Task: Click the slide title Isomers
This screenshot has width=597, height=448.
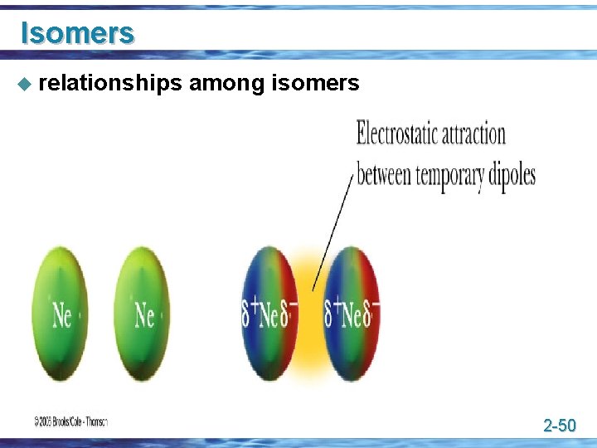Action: pyautogui.click(x=76, y=32)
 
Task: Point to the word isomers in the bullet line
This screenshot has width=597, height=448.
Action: pyautogui.click(x=315, y=83)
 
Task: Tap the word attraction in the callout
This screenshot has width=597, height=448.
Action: pyautogui.click(x=474, y=134)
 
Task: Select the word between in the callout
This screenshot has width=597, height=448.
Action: pyautogui.click(x=384, y=176)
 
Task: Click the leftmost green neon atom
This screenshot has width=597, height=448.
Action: pyautogui.click(x=61, y=313)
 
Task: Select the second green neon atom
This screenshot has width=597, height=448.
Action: pyautogui.click(x=142, y=313)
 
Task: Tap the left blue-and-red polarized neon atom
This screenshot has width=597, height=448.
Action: pyautogui.click(x=269, y=313)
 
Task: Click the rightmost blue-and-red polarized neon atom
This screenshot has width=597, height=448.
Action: pyautogui.click(x=352, y=313)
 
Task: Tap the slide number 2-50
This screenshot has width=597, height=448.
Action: pyautogui.click(x=559, y=426)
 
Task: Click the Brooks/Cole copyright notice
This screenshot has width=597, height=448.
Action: pyautogui.click(x=70, y=421)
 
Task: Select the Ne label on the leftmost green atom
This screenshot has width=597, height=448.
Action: pyautogui.click(x=61, y=315)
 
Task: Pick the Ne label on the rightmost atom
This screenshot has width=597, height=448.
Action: pyautogui.click(x=352, y=315)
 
